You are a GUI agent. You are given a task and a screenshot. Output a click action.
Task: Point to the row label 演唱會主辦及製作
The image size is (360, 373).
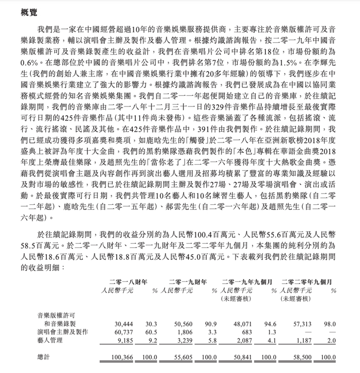pos(63,333)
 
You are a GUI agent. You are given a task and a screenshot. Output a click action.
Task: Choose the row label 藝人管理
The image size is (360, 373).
pos(50,341)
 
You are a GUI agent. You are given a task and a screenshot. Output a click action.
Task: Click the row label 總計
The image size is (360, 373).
pos(44,357)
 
